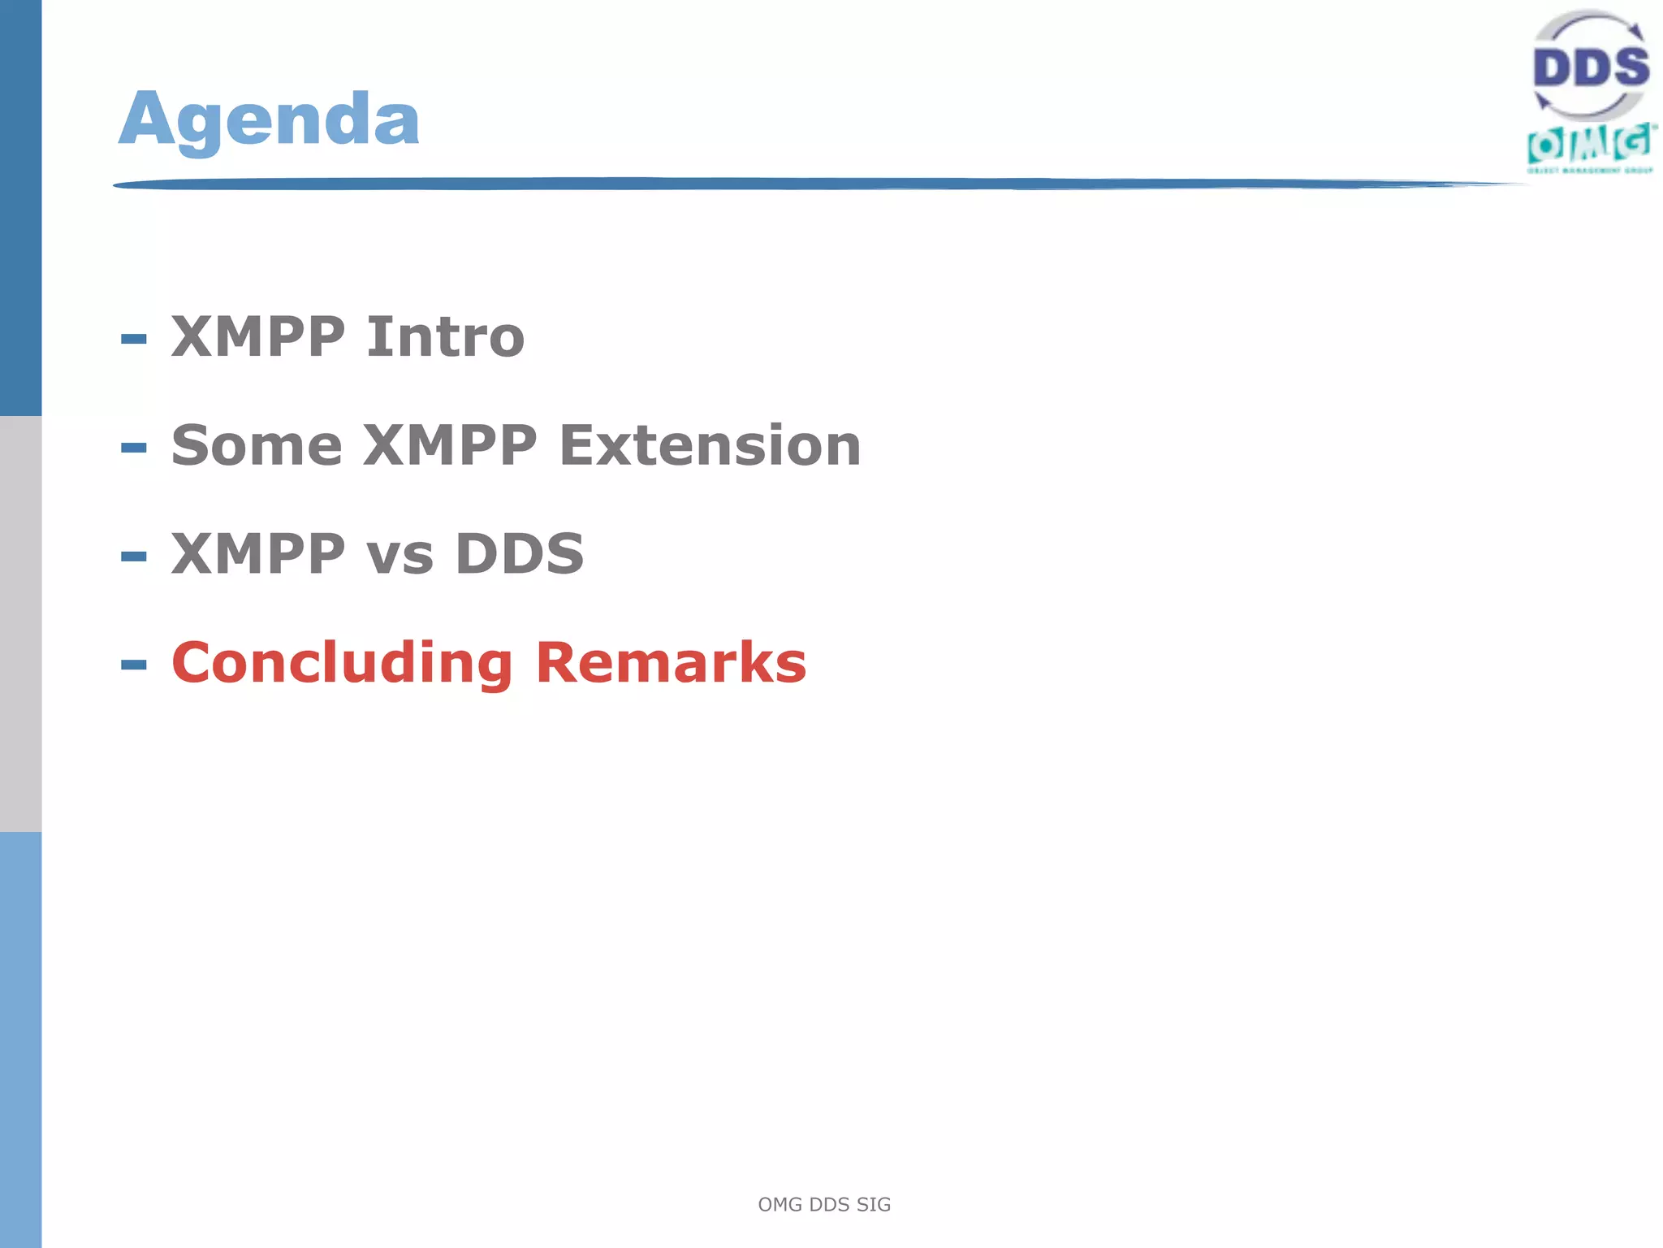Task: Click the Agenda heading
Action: [x=269, y=119]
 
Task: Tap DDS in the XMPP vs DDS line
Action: [x=519, y=554]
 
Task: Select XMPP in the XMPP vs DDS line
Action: [x=258, y=554]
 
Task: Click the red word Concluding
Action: [x=342, y=663]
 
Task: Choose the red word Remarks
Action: [x=671, y=663]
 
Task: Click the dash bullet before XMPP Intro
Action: [x=134, y=339]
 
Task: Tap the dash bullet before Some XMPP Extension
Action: [x=134, y=448]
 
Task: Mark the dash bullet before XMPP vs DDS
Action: [x=134, y=557]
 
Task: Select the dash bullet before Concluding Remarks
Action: [x=134, y=665]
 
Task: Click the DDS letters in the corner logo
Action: [x=1591, y=67]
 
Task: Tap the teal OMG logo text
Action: [x=1589, y=145]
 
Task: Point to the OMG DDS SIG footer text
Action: [x=824, y=1204]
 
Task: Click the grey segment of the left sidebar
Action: [x=20, y=624]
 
